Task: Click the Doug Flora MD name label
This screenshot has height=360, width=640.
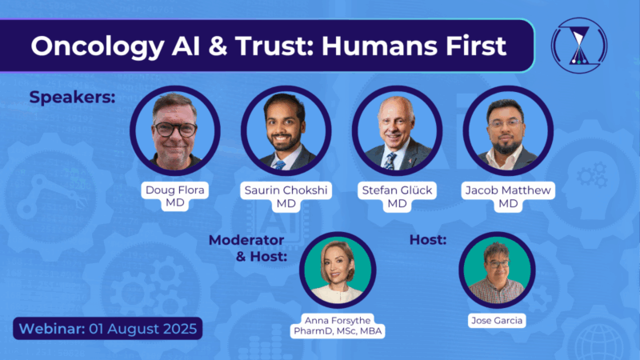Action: pyautogui.click(x=176, y=198)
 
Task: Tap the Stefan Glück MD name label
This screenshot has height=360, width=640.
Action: pyautogui.click(x=398, y=198)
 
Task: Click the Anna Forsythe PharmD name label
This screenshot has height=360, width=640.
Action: pyautogui.click(x=337, y=326)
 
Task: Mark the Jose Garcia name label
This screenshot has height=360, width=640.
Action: pyautogui.click(x=497, y=321)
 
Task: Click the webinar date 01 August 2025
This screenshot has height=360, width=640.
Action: pyautogui.click(x=106, y=329)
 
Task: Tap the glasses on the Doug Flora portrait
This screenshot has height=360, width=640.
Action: pyautogui.click(x=175, y=128)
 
